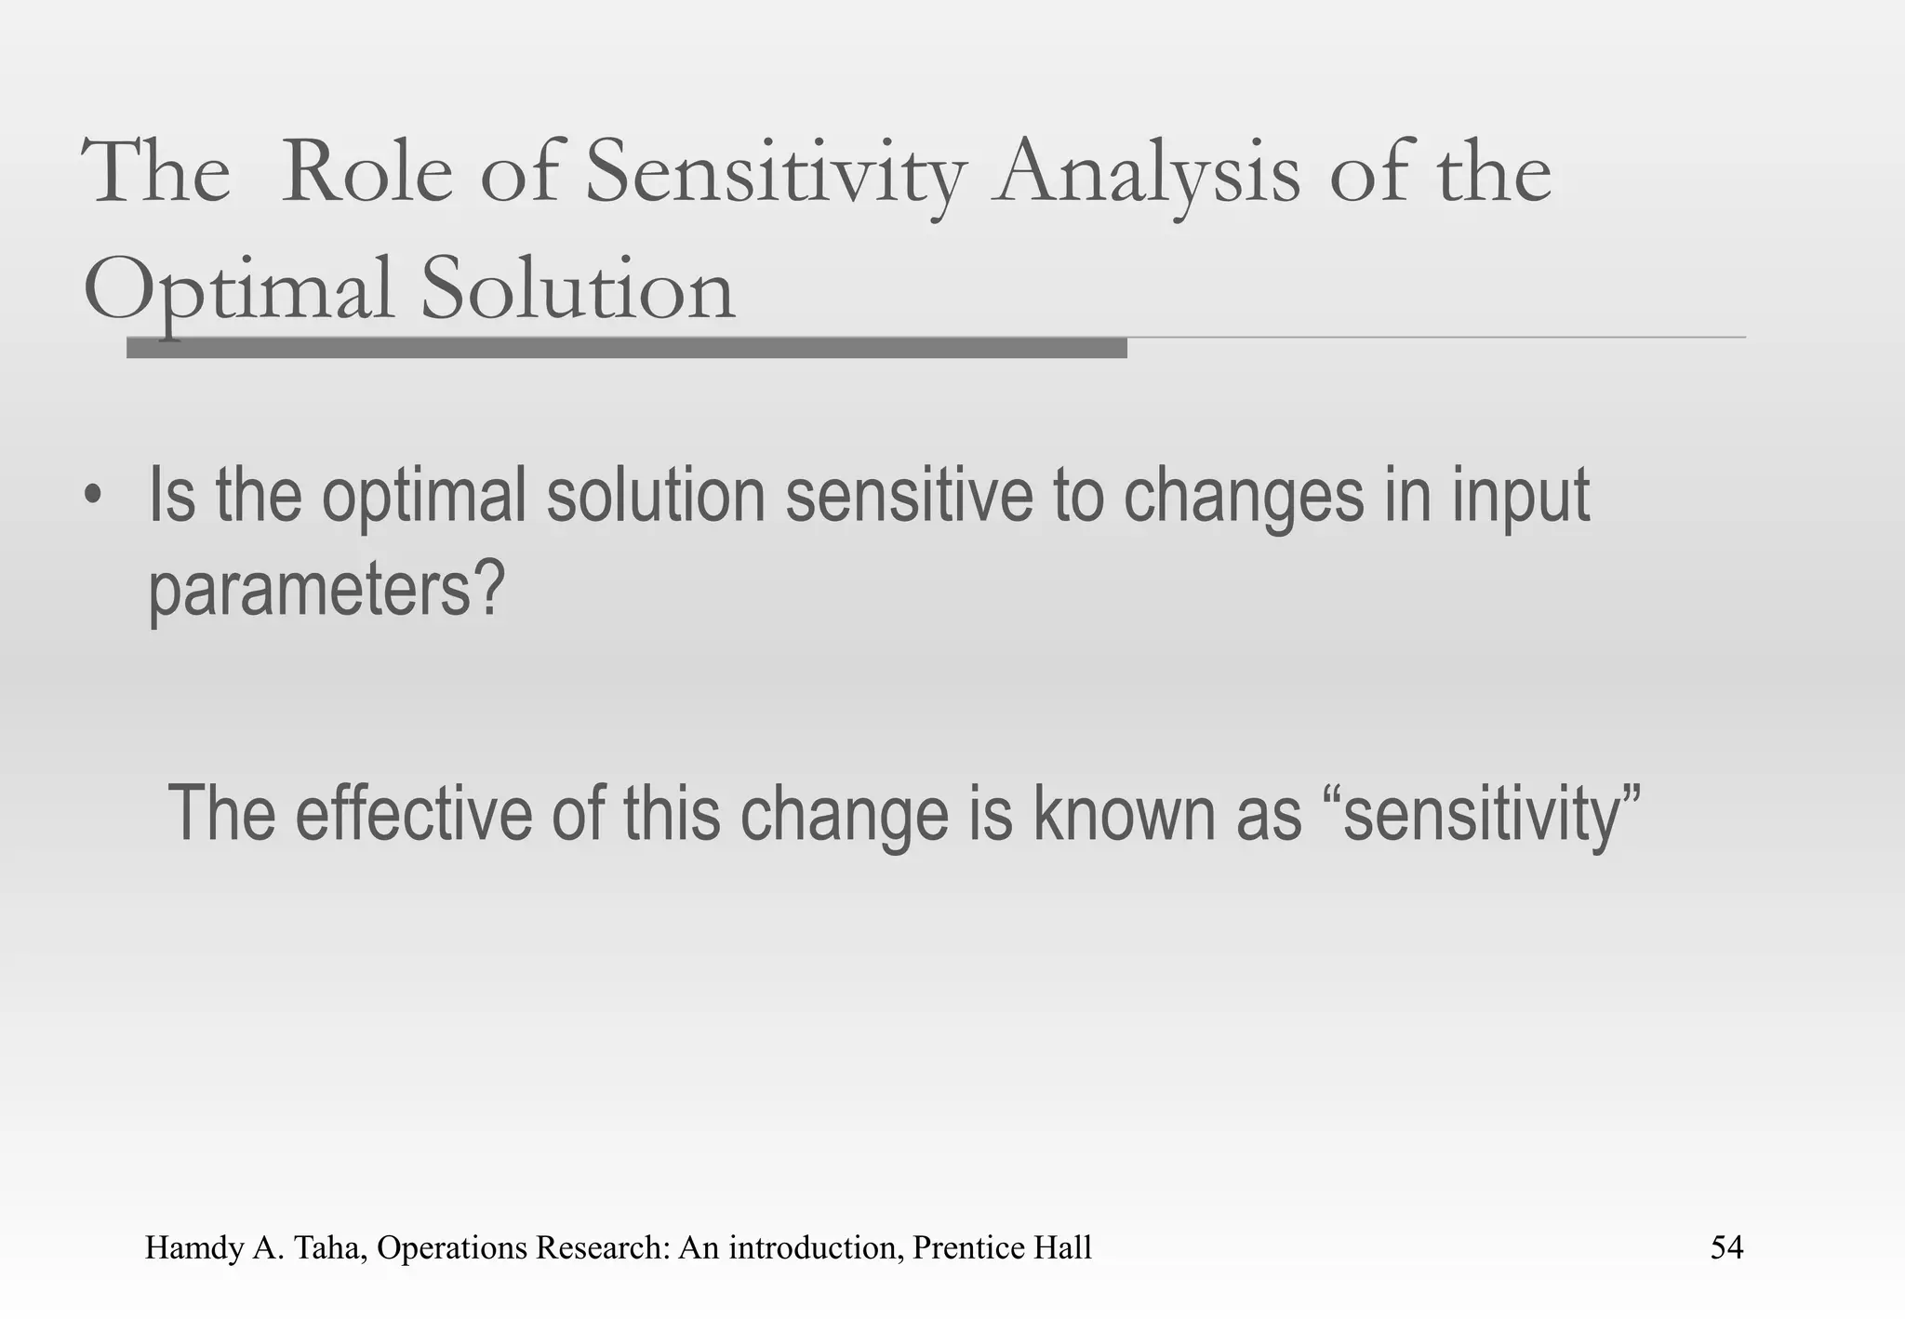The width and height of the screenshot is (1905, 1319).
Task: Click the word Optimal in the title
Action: [237, 290]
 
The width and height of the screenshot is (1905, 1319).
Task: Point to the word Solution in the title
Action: [578, 290]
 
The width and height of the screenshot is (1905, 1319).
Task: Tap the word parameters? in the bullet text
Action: [326, 590]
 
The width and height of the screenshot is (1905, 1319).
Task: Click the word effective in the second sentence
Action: [413, 813]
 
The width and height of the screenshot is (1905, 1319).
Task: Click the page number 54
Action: [1726, 1247]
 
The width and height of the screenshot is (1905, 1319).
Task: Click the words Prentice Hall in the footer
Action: [1002, 1247]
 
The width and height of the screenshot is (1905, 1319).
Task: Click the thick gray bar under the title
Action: [626, 348]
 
